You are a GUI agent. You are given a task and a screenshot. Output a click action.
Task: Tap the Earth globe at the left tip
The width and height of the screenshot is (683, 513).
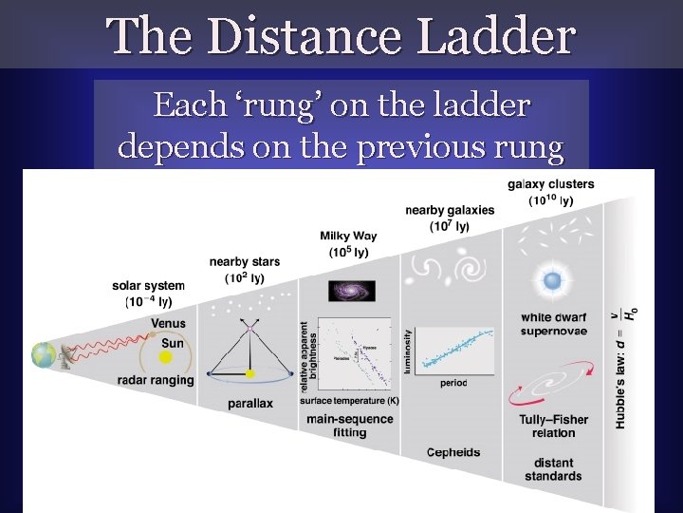tap(43, 355)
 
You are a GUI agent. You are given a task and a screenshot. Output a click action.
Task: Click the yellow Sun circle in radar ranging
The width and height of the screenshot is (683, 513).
tap(166, 357)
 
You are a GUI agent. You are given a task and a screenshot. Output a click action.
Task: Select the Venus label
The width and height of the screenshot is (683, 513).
tap(168, 323)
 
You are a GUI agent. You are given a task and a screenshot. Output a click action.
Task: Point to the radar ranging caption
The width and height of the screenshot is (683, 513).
tap(155, 380)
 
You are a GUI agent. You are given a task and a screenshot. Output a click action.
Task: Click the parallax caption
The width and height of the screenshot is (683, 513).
tap(249, 403)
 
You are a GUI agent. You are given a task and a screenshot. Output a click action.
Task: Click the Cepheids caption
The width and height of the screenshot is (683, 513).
tap(453, 451)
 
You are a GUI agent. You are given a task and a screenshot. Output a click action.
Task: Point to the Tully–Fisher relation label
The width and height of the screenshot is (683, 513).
tap(553, 426)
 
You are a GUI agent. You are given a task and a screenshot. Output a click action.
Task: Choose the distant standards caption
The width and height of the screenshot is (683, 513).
tap(553, 469)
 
